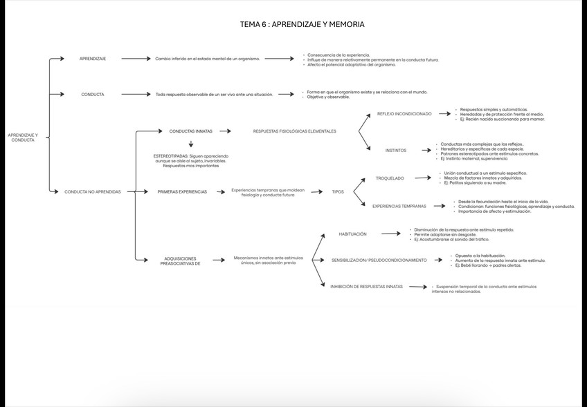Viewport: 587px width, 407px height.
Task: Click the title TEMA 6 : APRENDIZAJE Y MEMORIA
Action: click(302, 24)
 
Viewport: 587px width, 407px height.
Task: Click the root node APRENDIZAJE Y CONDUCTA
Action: click(23, 138)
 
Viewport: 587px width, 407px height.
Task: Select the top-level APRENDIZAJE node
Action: click(93, 59)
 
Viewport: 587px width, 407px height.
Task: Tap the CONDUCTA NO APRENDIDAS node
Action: click(93, 191)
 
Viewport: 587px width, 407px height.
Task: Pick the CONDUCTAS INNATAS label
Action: click(190, 131)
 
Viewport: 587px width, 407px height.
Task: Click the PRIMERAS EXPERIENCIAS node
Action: click(182, 191)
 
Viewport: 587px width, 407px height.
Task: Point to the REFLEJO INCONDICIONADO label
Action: click(404, 113)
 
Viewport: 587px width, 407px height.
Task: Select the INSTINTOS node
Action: click(396, 150)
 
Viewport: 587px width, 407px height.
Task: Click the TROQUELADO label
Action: click(390, 178)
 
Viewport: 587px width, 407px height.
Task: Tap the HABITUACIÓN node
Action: click(352, 234)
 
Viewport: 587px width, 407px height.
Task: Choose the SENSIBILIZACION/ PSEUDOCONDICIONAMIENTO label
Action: click(379, 260)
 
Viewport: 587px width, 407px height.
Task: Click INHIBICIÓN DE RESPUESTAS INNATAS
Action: click(366, 286)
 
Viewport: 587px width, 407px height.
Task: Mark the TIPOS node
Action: click(338, 191)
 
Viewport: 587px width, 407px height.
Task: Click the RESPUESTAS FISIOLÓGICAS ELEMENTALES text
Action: click(294, 131)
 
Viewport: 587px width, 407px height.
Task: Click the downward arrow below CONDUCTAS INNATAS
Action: click(190, 144)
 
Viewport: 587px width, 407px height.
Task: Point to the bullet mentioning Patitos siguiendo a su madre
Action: click(475, 183)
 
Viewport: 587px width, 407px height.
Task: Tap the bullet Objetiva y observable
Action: click(328, 97)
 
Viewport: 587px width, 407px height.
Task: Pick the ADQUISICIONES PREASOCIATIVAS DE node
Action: click(181, 261)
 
